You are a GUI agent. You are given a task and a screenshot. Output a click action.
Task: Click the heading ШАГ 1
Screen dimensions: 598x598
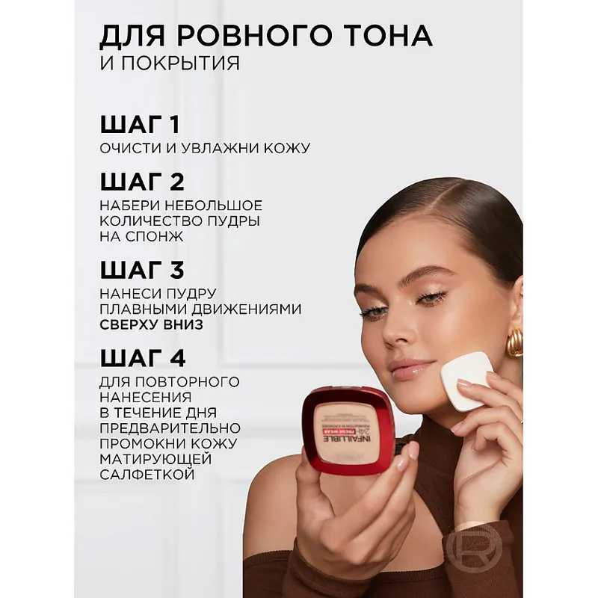click(x=140, y=124)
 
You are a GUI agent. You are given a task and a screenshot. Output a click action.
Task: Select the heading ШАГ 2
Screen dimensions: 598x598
click(x=142, y=182)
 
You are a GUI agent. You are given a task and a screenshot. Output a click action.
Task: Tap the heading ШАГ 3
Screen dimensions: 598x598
click(x=142, y=270)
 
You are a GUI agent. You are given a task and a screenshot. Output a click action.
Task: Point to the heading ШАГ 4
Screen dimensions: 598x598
click(x=143, y=358)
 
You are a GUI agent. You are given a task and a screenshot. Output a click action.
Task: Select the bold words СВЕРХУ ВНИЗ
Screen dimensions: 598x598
click(x=152, y=324)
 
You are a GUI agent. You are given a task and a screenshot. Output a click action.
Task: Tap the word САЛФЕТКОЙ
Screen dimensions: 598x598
click(x=147, y=475)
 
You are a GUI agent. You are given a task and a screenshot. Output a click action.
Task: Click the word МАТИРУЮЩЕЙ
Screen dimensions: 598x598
click(x=155, y=459)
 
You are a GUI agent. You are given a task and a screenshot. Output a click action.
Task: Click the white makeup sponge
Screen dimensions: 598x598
click(x=466, y=381)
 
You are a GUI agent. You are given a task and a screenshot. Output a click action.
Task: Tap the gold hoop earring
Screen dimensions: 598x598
click(x=515, y=342)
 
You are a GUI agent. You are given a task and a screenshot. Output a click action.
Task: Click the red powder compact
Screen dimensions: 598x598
click(x=348, y=431)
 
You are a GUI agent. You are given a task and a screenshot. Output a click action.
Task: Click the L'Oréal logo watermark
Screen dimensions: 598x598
click(x=474, y=549)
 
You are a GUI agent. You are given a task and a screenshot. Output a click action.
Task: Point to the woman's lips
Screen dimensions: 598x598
click(x=410, y=368)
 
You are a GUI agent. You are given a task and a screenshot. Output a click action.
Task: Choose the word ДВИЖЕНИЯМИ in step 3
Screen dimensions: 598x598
click(x=247, y=309)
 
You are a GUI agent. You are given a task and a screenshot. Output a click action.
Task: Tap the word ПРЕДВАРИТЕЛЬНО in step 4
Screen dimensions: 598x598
click(x=170, y=428)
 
